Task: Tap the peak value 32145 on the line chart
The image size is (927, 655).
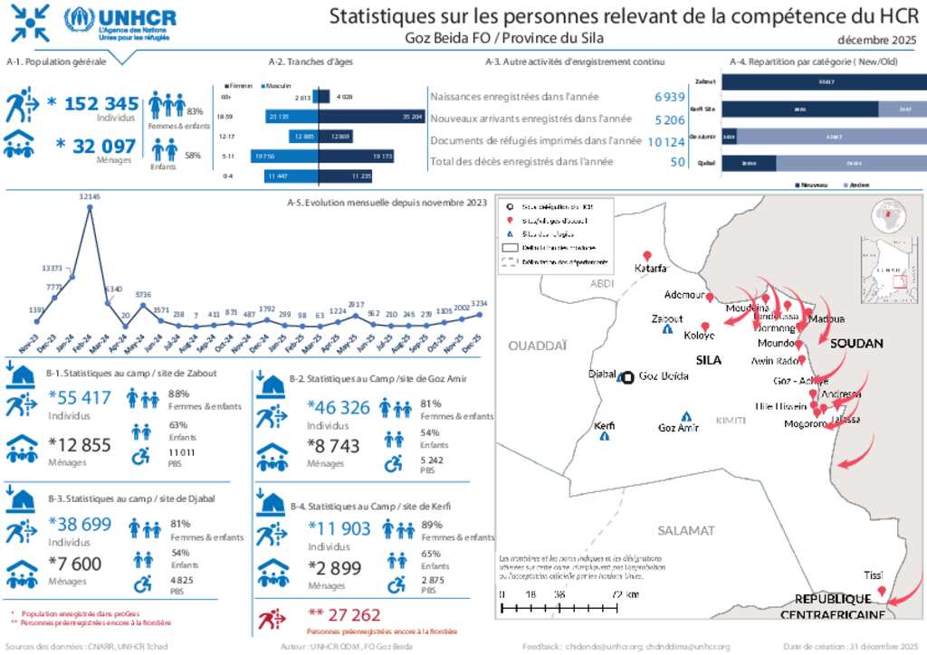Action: click(x=90, y=196)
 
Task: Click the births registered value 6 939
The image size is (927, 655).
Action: click(x=668, y=97)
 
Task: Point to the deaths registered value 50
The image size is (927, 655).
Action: click(x=677, y=161)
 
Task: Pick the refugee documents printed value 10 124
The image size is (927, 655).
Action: click(x=666, y=140)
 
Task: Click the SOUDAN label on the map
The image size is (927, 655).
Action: click(x=856, y=344)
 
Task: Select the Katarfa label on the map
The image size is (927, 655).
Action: click(x=650, y=268)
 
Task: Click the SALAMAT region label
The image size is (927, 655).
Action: click(x=686, y=530)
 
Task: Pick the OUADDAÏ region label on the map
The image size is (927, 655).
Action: click(x=538, y=345)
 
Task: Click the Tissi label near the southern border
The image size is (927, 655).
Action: click(x=873, y=575)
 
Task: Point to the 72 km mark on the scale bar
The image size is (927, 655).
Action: click(x=624, y=594)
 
